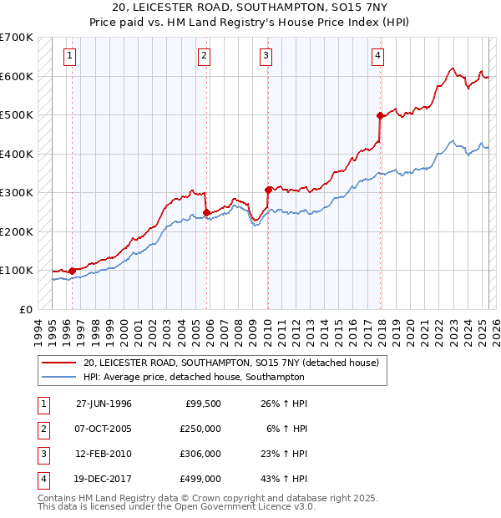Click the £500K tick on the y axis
[16, 114]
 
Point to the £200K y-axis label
[16, 231]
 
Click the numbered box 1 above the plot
[68, 56]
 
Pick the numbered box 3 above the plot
[266, 56]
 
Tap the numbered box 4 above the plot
[377, 56]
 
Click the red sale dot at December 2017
[380, 115]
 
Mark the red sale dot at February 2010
[268, 190]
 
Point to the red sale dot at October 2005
[206, 211]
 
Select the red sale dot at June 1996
[73, 271]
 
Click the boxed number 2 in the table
[41, 429]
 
